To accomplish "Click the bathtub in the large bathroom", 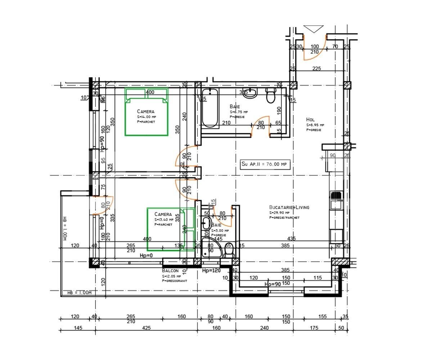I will [210, 108].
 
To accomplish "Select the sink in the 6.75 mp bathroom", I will [250, 93].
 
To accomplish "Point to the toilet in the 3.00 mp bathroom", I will [229, 251].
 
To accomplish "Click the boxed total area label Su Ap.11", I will [265, 164].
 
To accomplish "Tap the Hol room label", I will [310, 120].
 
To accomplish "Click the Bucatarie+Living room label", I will [289, 207].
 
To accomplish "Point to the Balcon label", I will [170, 271].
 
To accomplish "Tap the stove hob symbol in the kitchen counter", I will [336, 195].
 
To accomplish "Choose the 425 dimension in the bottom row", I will [146, 328].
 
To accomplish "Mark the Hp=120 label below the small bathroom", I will [211, 271].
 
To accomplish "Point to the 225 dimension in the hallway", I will [316, 69].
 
